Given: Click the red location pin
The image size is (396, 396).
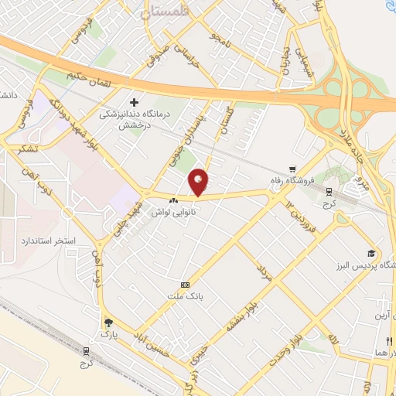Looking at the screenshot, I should [x=199, y=182].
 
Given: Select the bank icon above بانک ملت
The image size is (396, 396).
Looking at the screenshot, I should [x=184, y=285].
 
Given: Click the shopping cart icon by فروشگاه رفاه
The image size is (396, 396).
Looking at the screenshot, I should [x=292, y=169].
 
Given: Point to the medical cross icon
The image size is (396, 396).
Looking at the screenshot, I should [x=134, y=102].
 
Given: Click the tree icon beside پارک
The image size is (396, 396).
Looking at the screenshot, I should [x=108, y=322].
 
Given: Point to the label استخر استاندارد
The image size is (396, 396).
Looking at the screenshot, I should [x=48, y=241].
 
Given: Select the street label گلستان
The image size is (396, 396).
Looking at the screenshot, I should [x=227, y=118].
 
